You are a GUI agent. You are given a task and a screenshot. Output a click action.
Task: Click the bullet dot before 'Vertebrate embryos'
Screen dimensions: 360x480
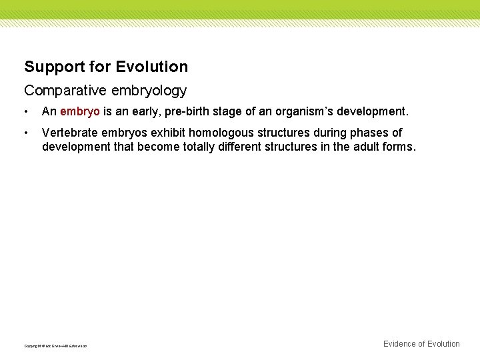point(25,133)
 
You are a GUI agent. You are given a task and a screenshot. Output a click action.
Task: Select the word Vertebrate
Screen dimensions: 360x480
point(69,133)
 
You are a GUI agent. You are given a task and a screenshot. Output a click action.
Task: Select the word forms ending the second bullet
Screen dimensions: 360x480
point(399,146)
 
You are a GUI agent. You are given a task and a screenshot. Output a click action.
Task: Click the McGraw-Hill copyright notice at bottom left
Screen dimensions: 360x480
point(55,345)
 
